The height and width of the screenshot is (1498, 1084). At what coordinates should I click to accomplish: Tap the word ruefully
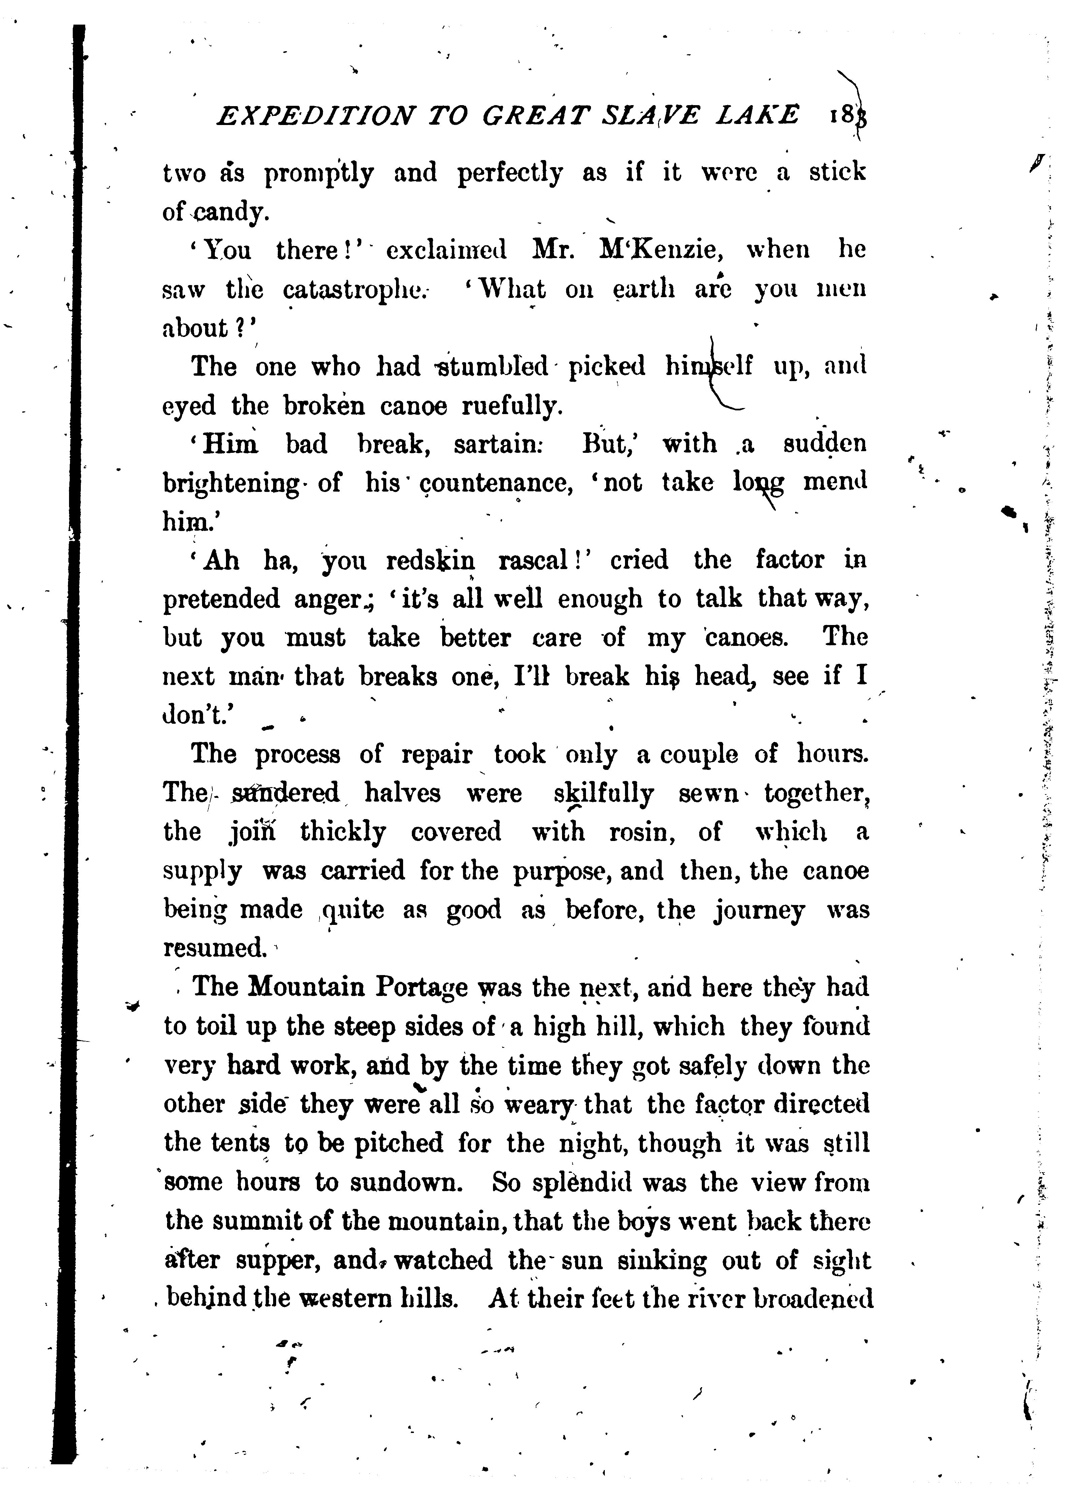tap(512, 406)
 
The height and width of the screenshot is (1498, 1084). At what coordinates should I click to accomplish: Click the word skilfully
tap(604, 792)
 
